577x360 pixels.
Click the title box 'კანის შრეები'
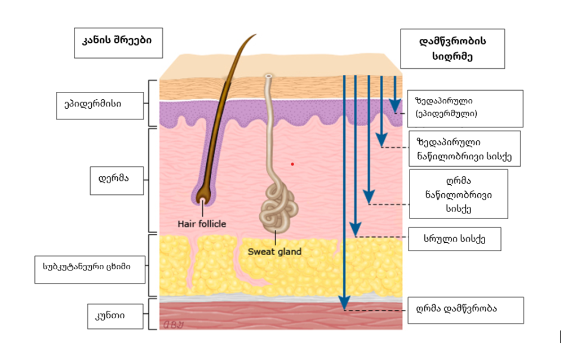click(118, 42)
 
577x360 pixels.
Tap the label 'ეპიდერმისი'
click(100, 105)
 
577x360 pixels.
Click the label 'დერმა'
click(117, 180)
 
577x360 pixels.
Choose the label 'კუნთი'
click(109, 315)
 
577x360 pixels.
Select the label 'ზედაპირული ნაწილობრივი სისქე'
click(464, 149)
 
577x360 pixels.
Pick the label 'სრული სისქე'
click(454, 239)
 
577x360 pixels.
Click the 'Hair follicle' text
click(202, 224)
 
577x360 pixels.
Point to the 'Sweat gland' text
click(274, 251)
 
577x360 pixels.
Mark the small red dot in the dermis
click(292, 164)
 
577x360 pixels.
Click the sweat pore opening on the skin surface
click(268, 75)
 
